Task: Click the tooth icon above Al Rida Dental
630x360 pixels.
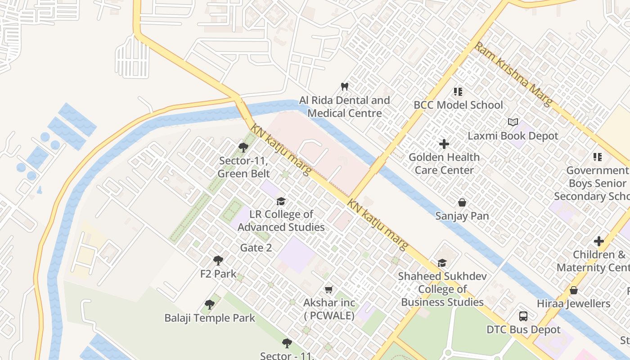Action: [x=345, y=86]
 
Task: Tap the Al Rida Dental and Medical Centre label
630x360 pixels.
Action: [x=345, y=107]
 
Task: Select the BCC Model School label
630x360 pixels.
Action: [x=458, y=105]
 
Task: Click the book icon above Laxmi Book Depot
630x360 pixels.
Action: [x=513, y=122]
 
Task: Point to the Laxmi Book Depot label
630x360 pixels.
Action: [x=513, y=136]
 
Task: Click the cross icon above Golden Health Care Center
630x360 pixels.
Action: [x=444, y=144]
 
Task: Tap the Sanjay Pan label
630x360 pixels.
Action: [x=462, y=216]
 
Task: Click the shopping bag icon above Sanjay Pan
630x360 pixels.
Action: [x=462, y=203]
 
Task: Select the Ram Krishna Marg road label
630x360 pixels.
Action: [x=513, y=74]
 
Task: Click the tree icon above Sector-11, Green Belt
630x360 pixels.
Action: [x=243, y=147]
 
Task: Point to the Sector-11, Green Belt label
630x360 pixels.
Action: [x=244, y=167]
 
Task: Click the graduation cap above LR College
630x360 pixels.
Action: [x=281, y=201]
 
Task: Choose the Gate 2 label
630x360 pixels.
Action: [x=256, y=247]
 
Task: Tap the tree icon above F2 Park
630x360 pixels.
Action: [x=218, y=260]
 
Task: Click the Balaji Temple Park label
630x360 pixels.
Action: [x=210, y=318]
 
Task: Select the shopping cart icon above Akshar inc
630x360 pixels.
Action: [x=329, y=290]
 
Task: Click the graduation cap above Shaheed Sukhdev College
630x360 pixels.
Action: [x=442, y=263]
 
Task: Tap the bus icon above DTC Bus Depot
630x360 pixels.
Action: [x=523, y=316]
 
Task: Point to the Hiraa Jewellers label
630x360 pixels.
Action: [x=574, y=304]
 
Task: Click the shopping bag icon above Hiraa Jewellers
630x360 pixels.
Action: [x=574, y=291]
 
